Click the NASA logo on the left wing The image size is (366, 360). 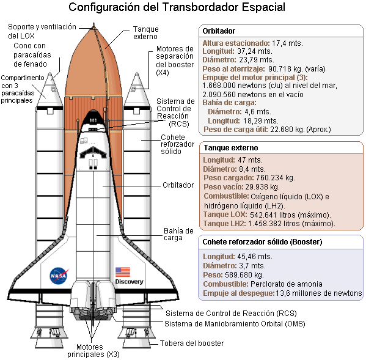(59, 276)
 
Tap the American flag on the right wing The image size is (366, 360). (123, 272)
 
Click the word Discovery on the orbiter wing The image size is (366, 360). (129, 282)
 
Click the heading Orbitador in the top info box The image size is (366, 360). (219, 31)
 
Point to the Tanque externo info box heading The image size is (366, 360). (231, 148)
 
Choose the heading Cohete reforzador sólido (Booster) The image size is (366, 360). (262, 242)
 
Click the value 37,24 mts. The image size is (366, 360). (255, 51)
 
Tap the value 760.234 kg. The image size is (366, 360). (276, 178)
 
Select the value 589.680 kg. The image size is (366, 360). (244, 275)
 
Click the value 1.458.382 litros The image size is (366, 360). (274, 224)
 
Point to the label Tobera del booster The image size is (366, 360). (192, 343)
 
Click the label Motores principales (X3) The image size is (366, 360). (93, 351)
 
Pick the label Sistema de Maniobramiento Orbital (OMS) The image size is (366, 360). (235, 324)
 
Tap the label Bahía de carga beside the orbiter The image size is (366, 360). (178, 234)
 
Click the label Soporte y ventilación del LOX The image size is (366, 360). (42, 31)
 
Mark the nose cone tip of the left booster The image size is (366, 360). (49, 73)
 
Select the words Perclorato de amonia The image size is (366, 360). (287, 284)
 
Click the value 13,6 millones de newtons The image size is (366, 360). (318, 293)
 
